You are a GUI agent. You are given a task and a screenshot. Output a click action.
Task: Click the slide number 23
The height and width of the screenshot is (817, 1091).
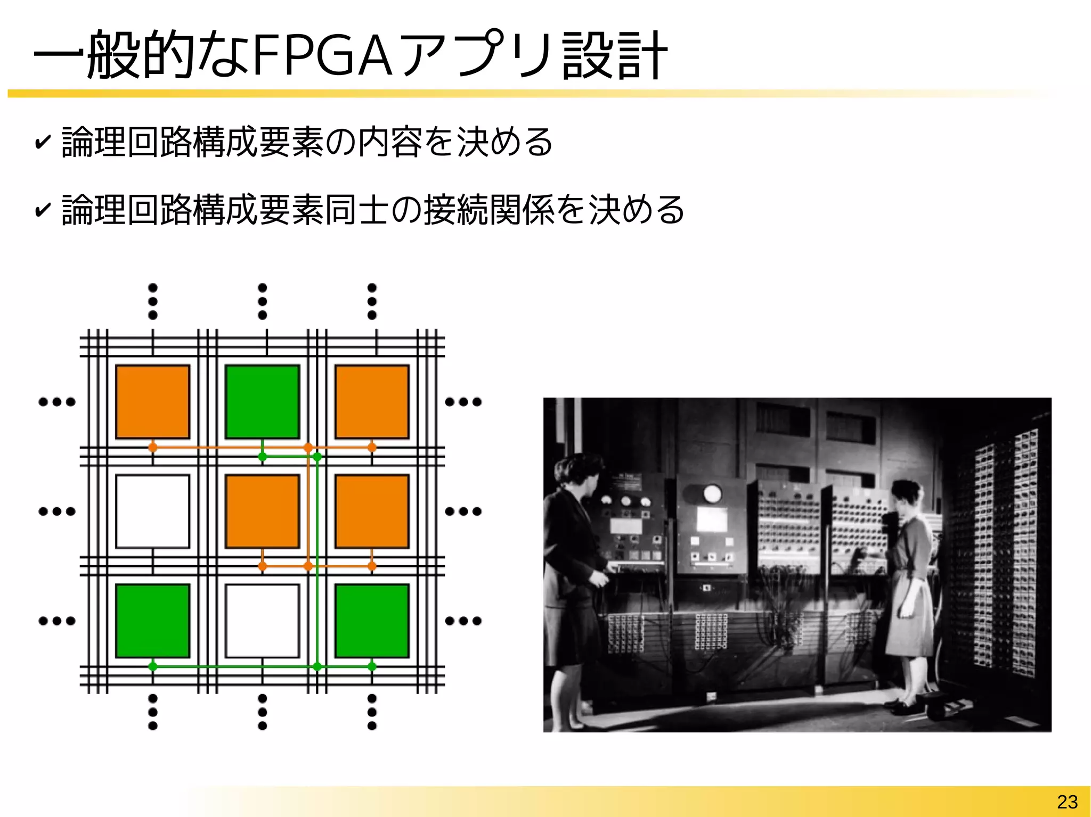coord(1067,802)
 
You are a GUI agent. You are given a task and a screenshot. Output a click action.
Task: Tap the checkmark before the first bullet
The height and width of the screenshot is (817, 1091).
coord(42,142)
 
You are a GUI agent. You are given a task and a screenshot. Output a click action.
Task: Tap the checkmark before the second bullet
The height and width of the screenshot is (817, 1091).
coord(42,210)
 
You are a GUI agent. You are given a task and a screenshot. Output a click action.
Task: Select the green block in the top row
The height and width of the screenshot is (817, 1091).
coord(262,401)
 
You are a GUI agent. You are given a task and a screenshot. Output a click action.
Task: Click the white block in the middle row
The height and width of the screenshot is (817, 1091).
coord(153,511)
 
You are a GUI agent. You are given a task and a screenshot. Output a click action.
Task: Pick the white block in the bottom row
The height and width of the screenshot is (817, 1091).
coord(262,621)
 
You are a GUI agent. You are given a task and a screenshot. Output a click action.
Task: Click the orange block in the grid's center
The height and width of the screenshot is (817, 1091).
coord(262,511)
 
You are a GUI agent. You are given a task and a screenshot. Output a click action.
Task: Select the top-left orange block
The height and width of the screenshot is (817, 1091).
coord(153,401)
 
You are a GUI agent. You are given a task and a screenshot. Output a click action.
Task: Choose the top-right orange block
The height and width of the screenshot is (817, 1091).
coord(372,401)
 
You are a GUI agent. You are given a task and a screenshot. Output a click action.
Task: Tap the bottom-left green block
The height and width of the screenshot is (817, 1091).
coord(153,621)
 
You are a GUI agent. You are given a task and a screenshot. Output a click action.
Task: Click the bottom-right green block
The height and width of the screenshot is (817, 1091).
coord(372,621)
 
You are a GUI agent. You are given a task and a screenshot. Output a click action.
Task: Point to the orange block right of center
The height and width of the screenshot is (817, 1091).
coord(372,511)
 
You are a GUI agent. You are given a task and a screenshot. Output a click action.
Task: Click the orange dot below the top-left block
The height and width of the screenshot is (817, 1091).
coord(153,447)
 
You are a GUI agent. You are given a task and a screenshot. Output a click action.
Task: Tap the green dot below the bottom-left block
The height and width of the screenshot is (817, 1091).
coord(153,666)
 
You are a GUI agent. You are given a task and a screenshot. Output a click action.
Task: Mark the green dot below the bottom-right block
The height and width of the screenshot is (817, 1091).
coord(372,666)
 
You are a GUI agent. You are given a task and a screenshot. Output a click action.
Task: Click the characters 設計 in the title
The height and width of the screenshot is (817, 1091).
coord(614,55)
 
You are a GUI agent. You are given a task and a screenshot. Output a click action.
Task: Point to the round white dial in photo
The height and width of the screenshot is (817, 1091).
coord(712,493)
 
